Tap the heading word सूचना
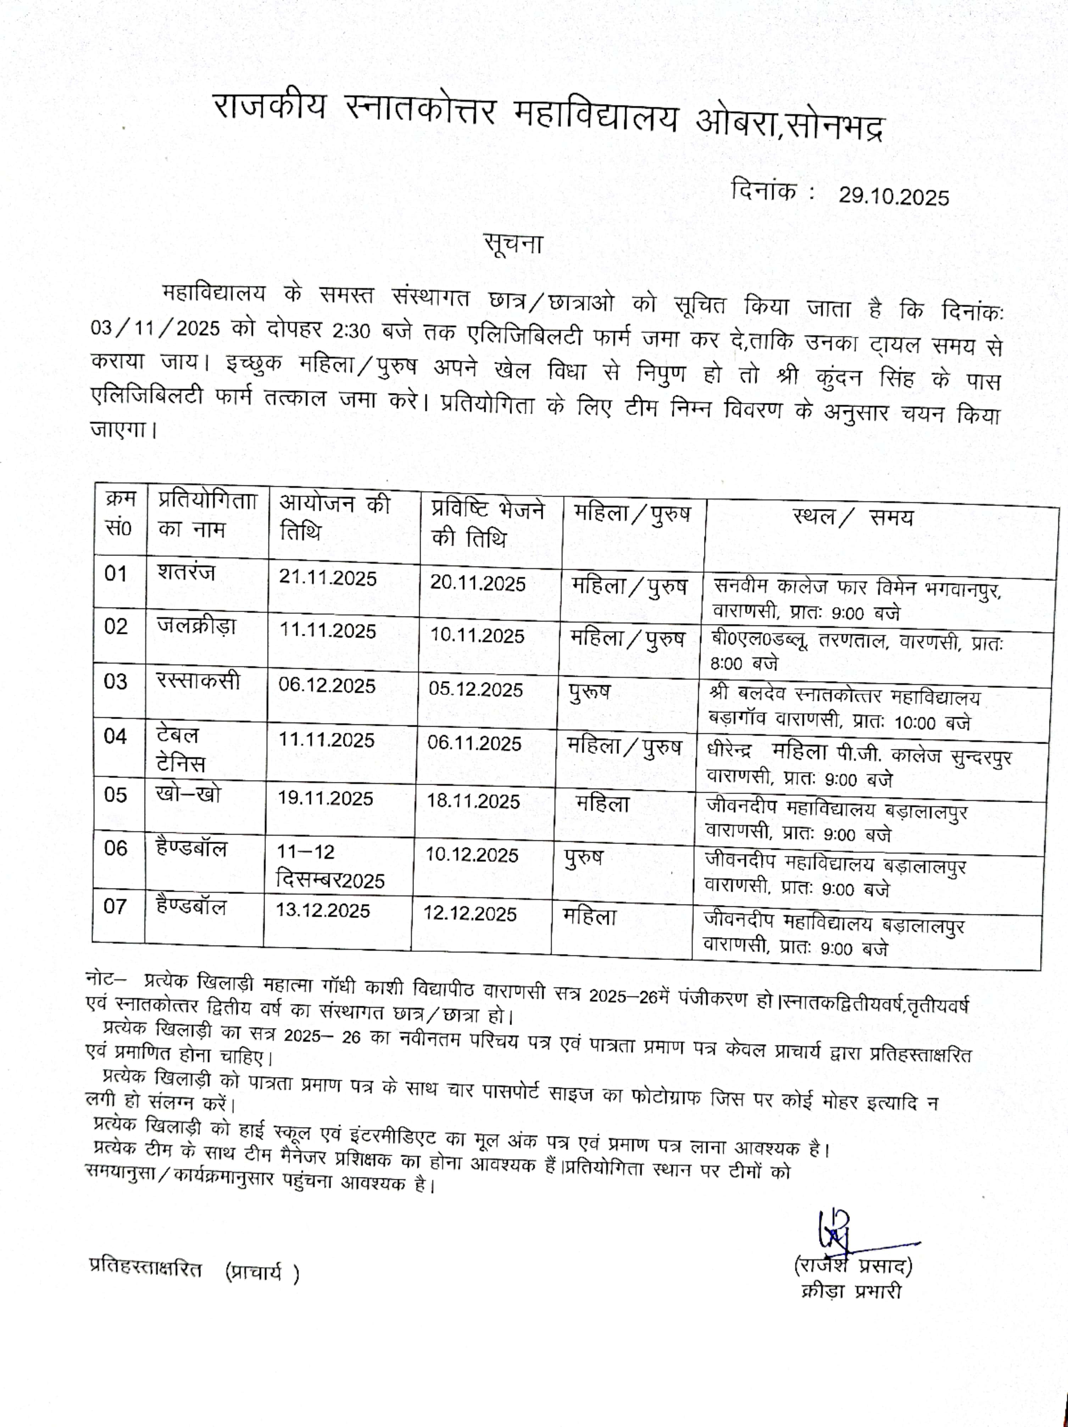[x=513, y=244]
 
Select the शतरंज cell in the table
[x=186, y=572]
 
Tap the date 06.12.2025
[x=326, y=685]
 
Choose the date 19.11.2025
[x=325, y=798]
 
